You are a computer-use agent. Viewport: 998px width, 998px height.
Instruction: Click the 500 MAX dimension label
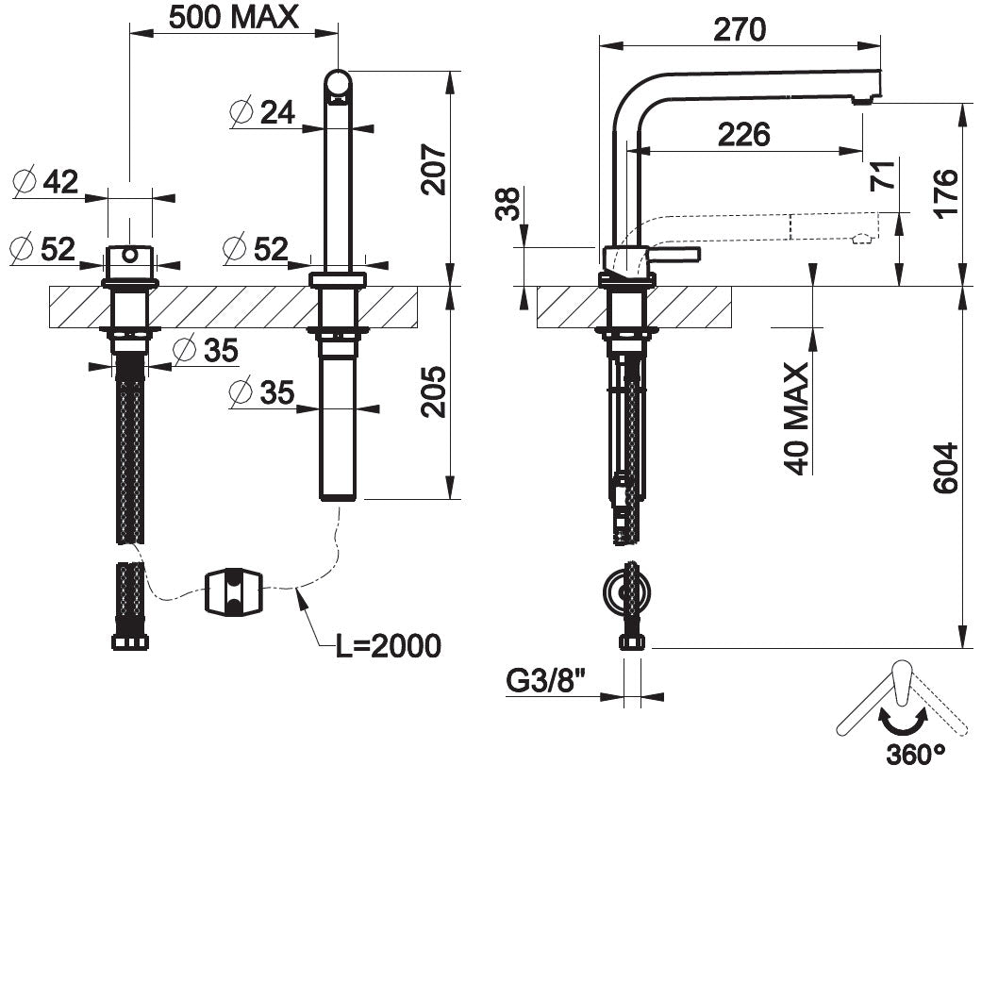click(232, 16)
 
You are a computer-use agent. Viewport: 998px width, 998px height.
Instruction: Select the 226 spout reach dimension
click(744, 135)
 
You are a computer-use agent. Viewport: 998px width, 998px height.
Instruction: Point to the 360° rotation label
click(915, 755)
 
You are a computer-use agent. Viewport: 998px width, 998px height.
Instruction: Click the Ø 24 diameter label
click(262, 112)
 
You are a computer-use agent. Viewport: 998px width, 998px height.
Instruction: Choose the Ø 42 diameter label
click(46, 181)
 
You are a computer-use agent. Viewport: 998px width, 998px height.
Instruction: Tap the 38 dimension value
click(507, 203)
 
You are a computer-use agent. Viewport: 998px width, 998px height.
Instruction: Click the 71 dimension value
click(884, 175)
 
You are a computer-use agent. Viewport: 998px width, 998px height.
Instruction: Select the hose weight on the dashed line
click(233, 591)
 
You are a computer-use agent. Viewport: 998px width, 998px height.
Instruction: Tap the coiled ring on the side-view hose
click(626, 592)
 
